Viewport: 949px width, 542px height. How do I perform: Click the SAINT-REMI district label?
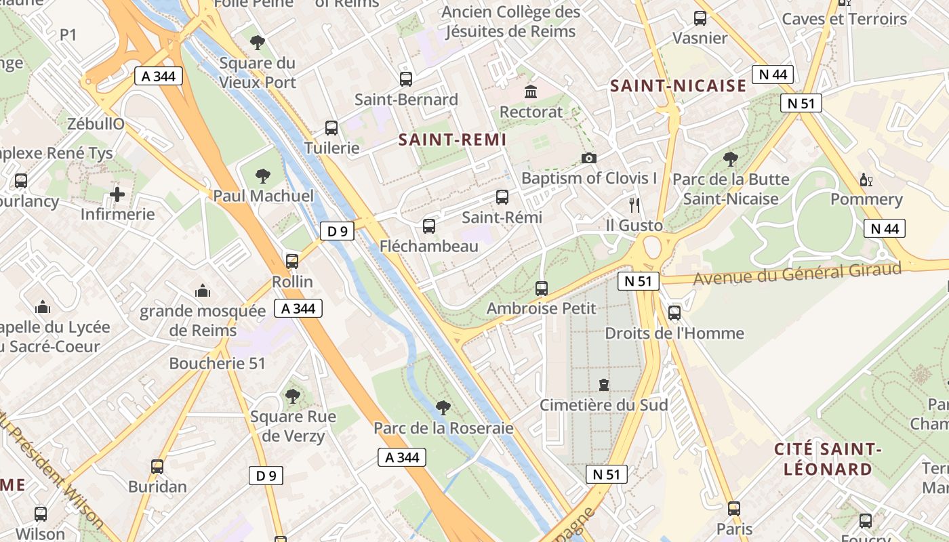point(452,140)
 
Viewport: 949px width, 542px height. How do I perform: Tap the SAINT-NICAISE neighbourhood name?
point(678,86)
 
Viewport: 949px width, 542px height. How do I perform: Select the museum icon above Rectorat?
point(531,91)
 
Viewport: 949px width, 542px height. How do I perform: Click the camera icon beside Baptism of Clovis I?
point(589,158)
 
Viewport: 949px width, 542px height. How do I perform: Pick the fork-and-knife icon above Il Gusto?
point(634,205)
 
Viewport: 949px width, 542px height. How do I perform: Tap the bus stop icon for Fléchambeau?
point(429,226)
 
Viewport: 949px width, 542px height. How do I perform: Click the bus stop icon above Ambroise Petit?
point(542,289)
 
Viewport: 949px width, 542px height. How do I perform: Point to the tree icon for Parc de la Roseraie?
point(443,408)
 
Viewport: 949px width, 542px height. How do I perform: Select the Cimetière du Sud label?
point(603,405)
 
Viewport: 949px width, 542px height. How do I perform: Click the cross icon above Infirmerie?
point(117,195)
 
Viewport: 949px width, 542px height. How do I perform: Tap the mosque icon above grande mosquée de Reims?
point(202,291)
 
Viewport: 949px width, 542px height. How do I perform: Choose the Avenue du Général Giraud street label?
point(797,274)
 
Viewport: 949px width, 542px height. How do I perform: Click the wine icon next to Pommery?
point(866,180)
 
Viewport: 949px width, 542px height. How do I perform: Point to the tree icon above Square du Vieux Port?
point(257,43)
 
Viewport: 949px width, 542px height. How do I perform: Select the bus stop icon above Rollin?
point(292,262)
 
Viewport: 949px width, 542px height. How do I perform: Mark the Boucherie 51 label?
point(217,364)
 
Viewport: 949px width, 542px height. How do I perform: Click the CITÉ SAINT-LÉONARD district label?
point(828,459)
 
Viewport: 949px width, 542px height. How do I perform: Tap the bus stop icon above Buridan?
point(157,467)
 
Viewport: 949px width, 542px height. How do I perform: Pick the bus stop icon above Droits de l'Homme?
point(674,313)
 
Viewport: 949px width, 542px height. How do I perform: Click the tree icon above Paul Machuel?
point(263,177)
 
